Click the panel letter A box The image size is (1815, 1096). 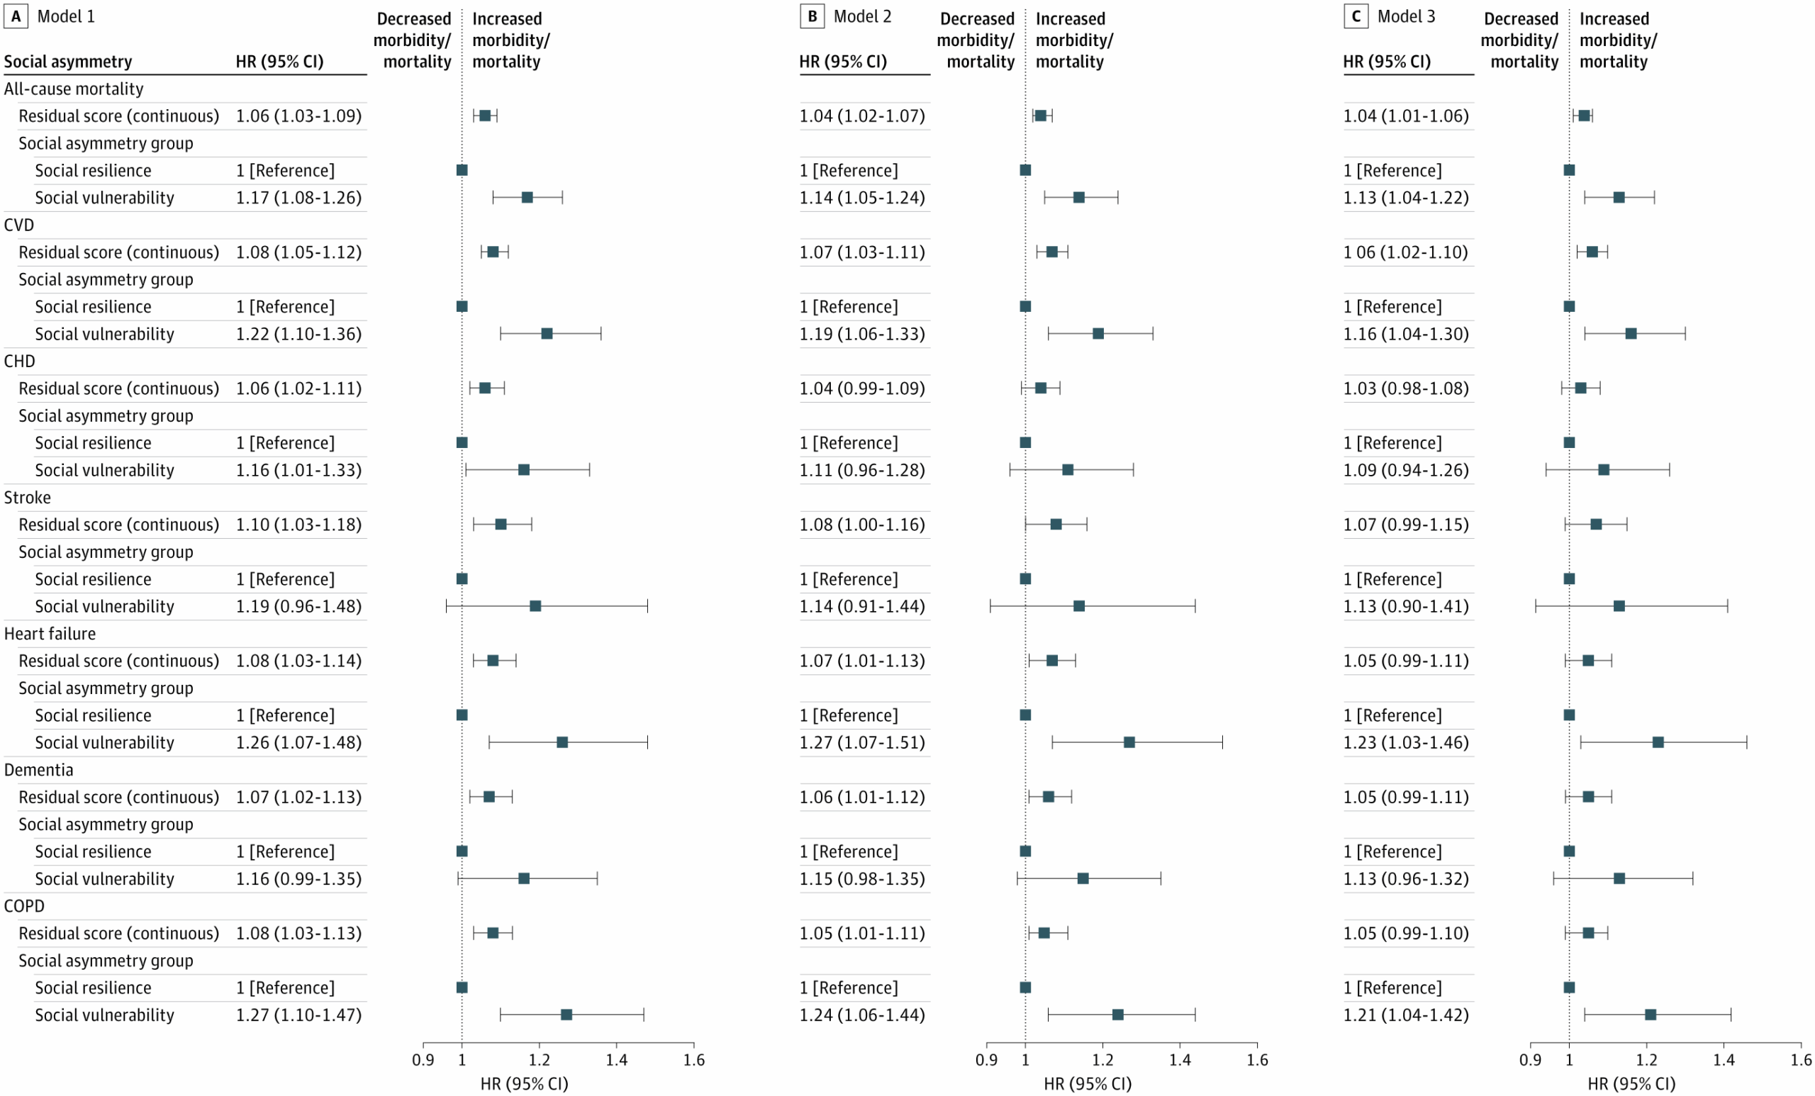(16, 16)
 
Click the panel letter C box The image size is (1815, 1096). (1356, 16)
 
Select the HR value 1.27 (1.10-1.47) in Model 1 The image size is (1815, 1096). (298, 1015)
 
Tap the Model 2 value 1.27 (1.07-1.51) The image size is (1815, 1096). (862, 742)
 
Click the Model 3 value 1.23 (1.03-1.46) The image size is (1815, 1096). (1405, 742)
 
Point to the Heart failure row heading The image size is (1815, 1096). (50, 634)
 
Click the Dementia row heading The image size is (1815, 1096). (38, 770)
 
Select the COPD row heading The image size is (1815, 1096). (24, 906)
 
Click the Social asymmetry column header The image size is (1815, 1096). (68, 62)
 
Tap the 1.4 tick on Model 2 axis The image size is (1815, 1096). (1179, 1059)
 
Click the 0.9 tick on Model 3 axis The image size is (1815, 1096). (1530, 1059)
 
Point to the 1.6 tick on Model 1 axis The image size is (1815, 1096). (693, 1059)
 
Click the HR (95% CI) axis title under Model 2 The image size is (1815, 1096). (1088, 1083)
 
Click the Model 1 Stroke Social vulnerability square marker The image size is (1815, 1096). (535, 606)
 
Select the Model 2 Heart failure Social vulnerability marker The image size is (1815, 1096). (1129, 742)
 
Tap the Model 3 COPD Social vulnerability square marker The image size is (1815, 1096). (1651, 1015)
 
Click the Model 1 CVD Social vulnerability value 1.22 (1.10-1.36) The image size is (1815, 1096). (298, 334)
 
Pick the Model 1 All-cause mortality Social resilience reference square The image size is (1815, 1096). (462, 170)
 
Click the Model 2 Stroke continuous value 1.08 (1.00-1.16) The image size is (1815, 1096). (862, 525)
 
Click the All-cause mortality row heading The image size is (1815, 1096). (74, 89)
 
